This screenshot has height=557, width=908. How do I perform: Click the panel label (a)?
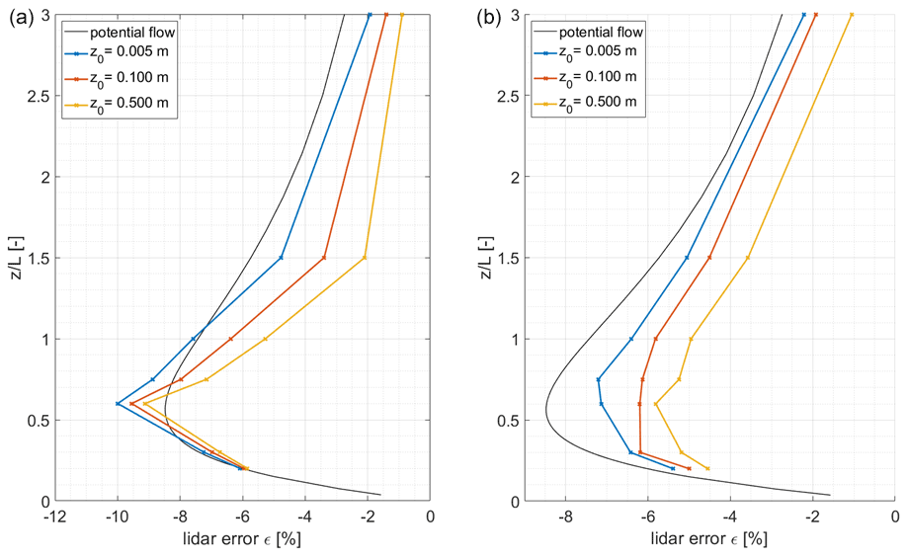pos(20,18)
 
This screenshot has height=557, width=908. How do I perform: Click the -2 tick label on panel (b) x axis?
pos(812,517)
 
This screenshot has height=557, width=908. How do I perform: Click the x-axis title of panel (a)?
pos(242,539)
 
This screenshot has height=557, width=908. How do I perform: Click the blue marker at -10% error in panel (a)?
pos(118,403)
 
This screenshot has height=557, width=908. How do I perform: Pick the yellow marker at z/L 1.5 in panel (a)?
pos(365,258)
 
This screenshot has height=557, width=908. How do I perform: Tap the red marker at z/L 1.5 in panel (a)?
pos(324,258)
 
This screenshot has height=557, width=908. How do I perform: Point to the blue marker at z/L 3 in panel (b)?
pos(803,15)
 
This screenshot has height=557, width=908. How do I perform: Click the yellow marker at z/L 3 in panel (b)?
pos(852,15)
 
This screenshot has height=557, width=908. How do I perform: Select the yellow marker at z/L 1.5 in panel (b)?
pos(747,258)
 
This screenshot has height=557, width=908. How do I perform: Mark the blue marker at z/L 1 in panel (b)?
pos(631,339)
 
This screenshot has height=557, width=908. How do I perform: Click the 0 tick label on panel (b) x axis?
pos(894,517)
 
